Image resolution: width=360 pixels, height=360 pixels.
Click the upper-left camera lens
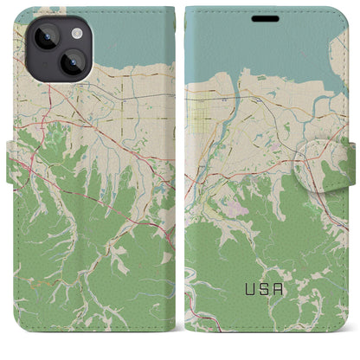tap(44, 37)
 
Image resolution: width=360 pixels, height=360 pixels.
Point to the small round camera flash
tap(76, 33)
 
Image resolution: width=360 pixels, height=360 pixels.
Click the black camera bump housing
tap(56, 48)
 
